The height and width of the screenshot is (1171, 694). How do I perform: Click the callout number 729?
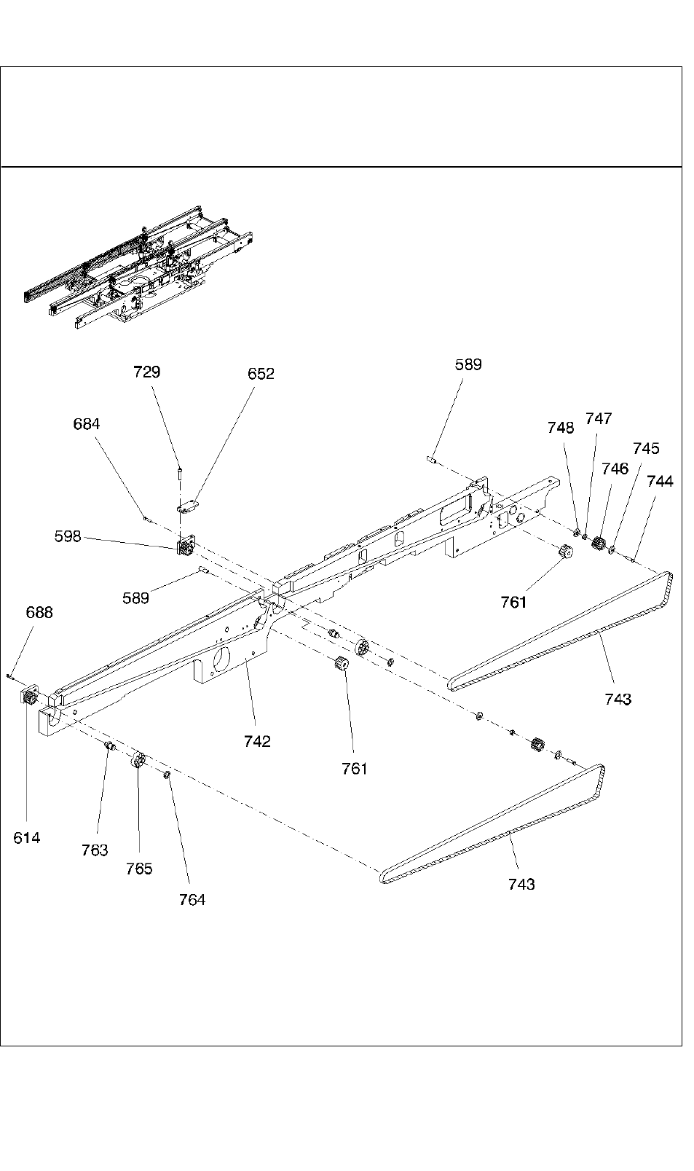click(146, 372)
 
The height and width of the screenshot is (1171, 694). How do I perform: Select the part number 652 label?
click(261, 374)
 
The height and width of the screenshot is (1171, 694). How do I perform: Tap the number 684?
click(87, 424)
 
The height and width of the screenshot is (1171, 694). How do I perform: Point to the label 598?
click(68, 536)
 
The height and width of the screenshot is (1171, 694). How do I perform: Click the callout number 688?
click(39, 612)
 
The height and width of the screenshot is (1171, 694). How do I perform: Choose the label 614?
click(27, 838)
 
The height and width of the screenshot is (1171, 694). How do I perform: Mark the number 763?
click(95, 850)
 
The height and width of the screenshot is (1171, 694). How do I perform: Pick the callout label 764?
click(192, 899)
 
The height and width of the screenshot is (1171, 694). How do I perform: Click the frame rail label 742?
click(257, 741)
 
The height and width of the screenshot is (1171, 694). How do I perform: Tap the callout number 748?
click(561, 428)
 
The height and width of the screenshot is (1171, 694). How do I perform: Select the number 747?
click(599, 418)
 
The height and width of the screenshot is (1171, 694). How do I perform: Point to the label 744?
click(660, 481)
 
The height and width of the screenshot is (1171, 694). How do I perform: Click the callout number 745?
click(646, 448)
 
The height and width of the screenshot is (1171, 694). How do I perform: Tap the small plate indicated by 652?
click(190, 505)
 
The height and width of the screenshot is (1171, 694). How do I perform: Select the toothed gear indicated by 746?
click(600, 543)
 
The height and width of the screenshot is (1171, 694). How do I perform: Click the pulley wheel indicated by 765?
click(138, 761)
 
